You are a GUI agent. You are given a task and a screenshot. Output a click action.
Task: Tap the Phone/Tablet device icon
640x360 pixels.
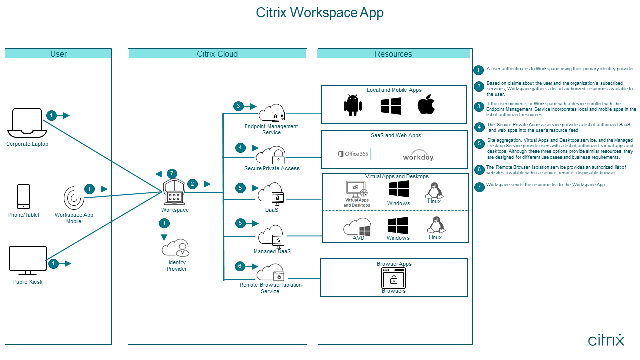[23, 196]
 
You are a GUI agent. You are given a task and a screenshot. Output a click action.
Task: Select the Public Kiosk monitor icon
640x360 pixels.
[28, 260]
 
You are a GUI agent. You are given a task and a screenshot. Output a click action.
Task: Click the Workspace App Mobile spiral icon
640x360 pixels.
[73, 198]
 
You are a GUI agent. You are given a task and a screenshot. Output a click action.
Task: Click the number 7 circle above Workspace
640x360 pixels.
[172, 174]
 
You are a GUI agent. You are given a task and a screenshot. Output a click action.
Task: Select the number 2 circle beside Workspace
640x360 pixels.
[192, 184]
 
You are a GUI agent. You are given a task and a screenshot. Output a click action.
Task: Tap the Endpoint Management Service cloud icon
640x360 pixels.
[271, 114]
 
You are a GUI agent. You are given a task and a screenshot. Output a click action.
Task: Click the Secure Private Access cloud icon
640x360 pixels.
[270, 155]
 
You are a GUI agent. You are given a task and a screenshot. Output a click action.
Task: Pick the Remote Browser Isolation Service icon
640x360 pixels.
[270, 273]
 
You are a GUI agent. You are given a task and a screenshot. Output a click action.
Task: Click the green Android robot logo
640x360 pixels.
[352, 105]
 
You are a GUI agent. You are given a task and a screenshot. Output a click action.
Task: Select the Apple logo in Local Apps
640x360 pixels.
[426, 105]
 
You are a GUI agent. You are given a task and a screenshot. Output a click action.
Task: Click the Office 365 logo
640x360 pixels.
[353, 154]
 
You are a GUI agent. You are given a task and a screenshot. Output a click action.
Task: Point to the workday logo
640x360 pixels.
[419, 156]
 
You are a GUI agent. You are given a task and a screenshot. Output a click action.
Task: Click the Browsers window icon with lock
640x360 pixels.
[394, 278]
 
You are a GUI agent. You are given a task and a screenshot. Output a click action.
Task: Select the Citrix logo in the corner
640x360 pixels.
[606, 340]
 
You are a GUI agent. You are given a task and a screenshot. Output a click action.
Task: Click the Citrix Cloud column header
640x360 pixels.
[217, 54]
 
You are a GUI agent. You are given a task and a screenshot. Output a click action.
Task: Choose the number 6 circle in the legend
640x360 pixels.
[479, 170]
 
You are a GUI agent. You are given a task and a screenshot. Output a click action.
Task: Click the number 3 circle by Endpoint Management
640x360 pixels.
[239, 106]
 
